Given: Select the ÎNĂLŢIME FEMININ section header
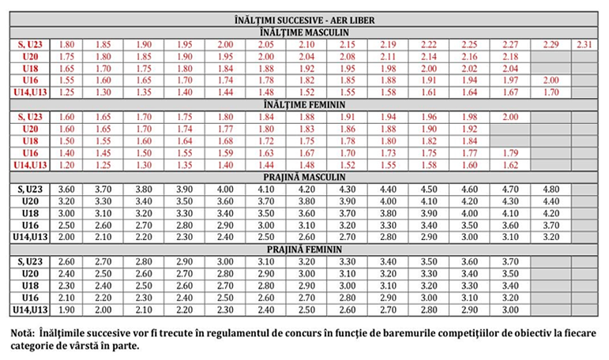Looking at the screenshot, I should [304, 104].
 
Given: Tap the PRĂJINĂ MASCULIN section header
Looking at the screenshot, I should [304, 177].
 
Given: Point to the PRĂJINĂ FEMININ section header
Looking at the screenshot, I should [304, 249].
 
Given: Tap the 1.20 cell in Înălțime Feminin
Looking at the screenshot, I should [68, 165].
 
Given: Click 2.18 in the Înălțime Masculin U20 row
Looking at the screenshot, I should [509, 56].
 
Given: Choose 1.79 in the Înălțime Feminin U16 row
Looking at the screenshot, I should [509, 152].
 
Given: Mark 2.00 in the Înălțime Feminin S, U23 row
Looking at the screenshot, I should [509, 117].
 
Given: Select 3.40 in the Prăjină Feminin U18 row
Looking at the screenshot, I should [509, 285].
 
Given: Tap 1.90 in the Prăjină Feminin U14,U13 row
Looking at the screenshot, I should [68, 309].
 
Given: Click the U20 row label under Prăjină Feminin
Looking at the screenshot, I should [30, 273].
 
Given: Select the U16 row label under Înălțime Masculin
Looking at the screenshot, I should [30, 81].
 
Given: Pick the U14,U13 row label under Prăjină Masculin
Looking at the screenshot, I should [30, 237].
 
